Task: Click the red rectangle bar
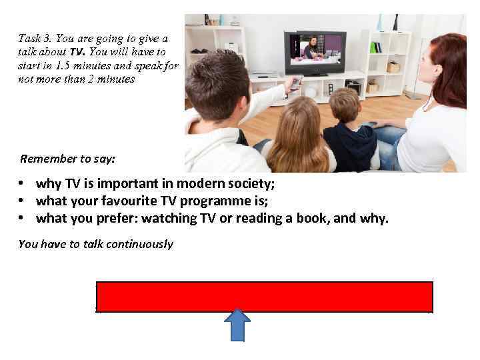(265, 297)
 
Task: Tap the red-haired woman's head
(444, 70)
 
